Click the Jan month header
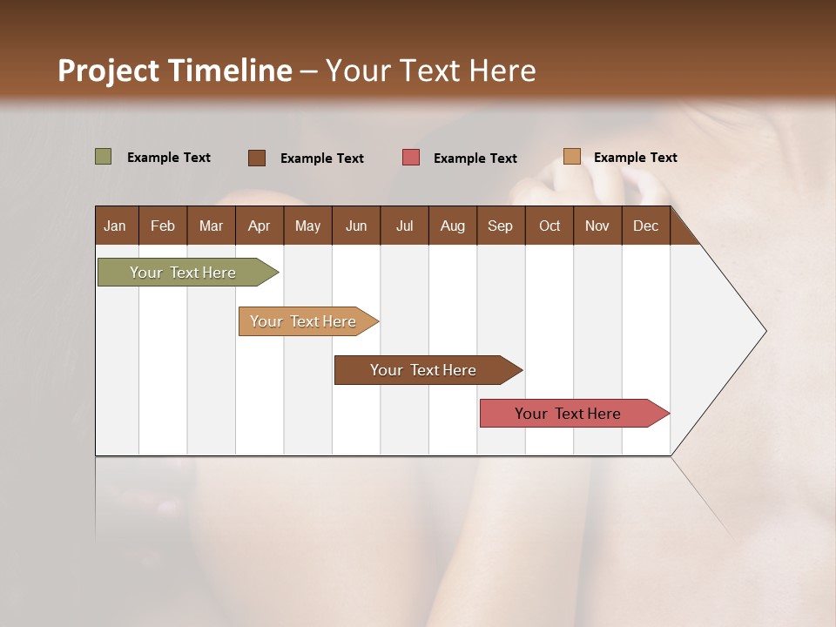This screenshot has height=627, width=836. coord(115,226)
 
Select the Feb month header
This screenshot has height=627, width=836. coord(163,226)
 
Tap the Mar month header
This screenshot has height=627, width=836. coord(211,226)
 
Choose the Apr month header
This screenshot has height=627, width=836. coord(259,226)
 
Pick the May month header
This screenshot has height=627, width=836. coord(307,226)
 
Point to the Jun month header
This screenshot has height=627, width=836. coord(356,226)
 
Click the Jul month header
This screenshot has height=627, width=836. coord(404,226)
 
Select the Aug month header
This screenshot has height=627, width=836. coord(452,226)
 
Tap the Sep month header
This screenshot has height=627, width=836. coord(500,226)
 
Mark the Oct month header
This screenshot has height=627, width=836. coord(549,226)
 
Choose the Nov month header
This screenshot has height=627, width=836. coord(597,226)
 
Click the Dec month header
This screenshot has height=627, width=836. coord(645,226)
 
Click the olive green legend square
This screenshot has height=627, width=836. coord(103,157)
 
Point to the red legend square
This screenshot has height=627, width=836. coord(411,158)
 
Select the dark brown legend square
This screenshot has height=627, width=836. coord(257,158)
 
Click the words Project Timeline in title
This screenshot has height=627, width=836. coord(175,71)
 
